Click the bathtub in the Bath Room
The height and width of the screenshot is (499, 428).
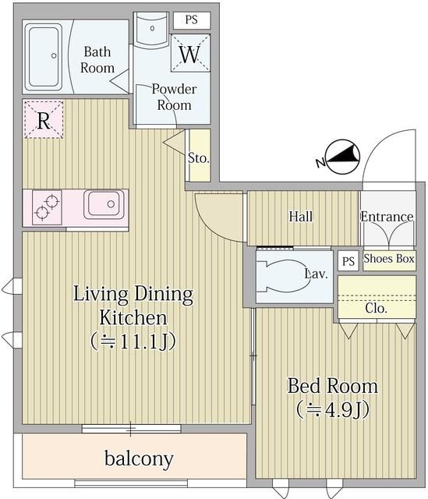coord(44,57)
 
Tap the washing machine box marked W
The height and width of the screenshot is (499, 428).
coord(190,53)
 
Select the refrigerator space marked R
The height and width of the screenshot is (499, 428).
coord(44,119)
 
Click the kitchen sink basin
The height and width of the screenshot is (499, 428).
coord(104,204)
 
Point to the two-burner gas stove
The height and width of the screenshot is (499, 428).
coord(47,207)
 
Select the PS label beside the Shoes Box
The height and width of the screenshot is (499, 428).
coord(348,261)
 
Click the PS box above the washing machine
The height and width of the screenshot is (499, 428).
coord(192,20)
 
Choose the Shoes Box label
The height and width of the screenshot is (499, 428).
coord(389,258)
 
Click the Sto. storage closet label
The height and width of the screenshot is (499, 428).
coord(199,157)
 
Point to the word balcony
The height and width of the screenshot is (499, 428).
coord(139,459)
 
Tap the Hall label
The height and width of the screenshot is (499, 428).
coord(301,217)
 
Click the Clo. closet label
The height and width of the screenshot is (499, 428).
coord(376,308)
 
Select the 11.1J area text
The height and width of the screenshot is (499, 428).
coord(133,342)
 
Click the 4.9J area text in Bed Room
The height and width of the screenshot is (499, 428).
coord(333,409)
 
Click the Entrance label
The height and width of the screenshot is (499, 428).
coord(387,217)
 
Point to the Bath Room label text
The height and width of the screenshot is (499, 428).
coord(97,60)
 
